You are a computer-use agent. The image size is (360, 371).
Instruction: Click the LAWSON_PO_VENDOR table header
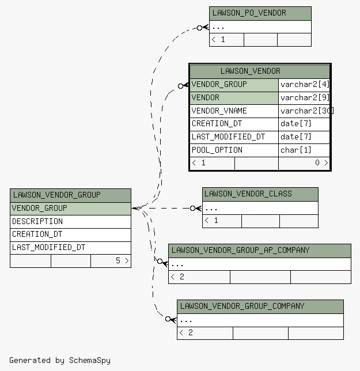(260, 13)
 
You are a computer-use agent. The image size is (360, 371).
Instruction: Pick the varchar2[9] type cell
(304, 98)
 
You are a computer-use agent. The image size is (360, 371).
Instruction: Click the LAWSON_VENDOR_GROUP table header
(70, 195)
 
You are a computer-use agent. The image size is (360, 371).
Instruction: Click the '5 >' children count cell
(111, 261)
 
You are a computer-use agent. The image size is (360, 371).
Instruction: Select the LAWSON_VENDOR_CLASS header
(260, 194)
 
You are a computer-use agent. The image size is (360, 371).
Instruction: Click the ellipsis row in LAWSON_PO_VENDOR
(260, 26)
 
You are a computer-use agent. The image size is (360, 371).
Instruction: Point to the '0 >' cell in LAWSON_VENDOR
(304, 163)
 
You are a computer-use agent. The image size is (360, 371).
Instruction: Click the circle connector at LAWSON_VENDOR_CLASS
(192, 208)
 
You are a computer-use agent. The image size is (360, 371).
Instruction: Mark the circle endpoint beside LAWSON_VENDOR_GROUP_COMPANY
(168, 319)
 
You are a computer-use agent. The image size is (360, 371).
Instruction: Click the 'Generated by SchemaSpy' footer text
(60, 361)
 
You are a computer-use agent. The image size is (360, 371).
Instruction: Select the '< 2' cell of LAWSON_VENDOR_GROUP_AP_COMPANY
(199, 277)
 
